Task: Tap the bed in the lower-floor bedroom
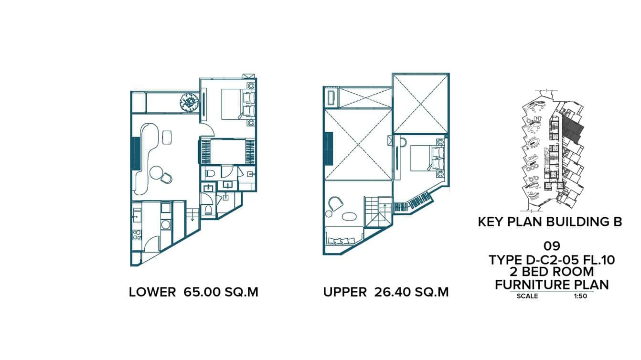point(235,104)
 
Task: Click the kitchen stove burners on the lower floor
point(136,234)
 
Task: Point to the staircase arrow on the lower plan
point(192,218)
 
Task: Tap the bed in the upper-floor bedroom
point(423,158)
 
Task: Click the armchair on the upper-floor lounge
point(334,204)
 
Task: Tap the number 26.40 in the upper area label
point(390,292)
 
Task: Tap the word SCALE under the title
point(527,296)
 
